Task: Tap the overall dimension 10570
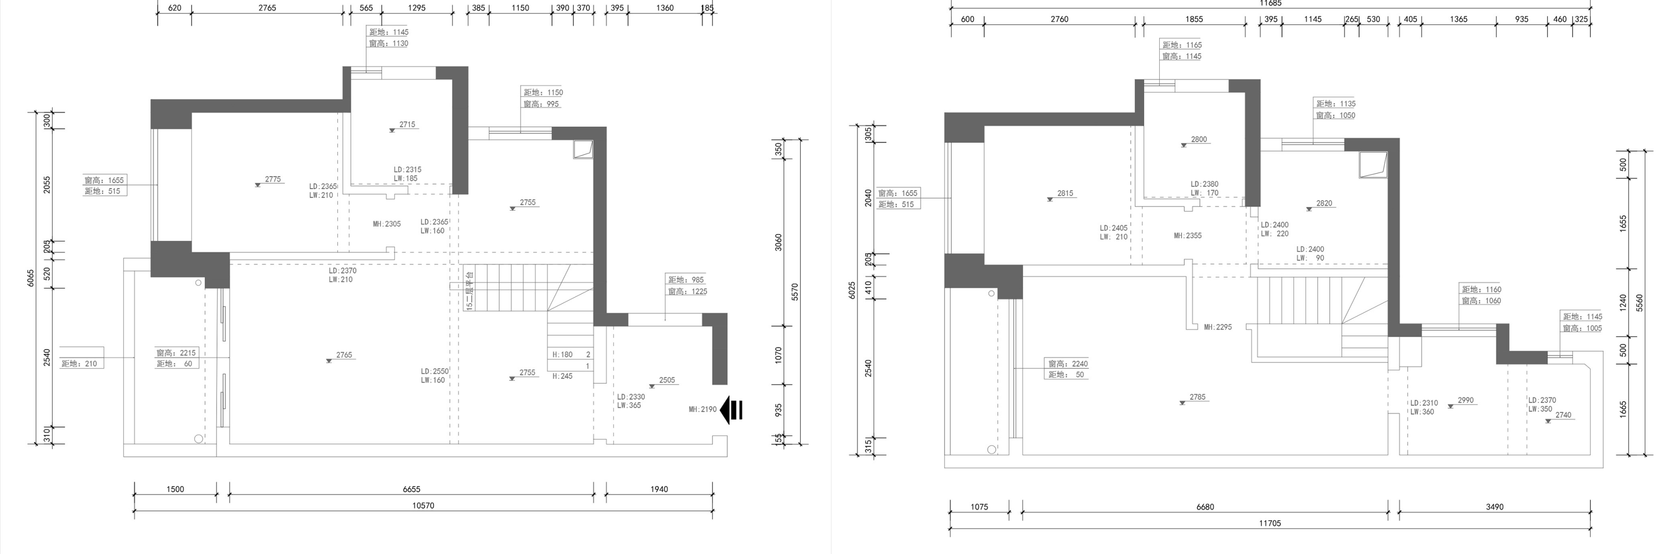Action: [x=423, y=506]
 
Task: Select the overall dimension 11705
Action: [x=1270, y=523]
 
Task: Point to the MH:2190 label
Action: [x=703, y=409]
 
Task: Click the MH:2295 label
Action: [x=1217, y=327]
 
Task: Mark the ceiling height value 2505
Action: [x=667, y=380]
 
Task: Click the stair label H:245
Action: [x=562, y=376]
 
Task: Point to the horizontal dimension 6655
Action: [x=412, y=489]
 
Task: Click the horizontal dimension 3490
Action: [x=1495, y=507]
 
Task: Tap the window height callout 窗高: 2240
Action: [x=1068, y=364]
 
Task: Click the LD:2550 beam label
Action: [x=435, y=372]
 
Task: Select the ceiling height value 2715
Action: [x=407, y=125]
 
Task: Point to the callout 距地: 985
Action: [x=686, y=280]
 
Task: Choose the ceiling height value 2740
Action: [x=1563, y=415]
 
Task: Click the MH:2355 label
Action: [x=1188, y=236]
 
